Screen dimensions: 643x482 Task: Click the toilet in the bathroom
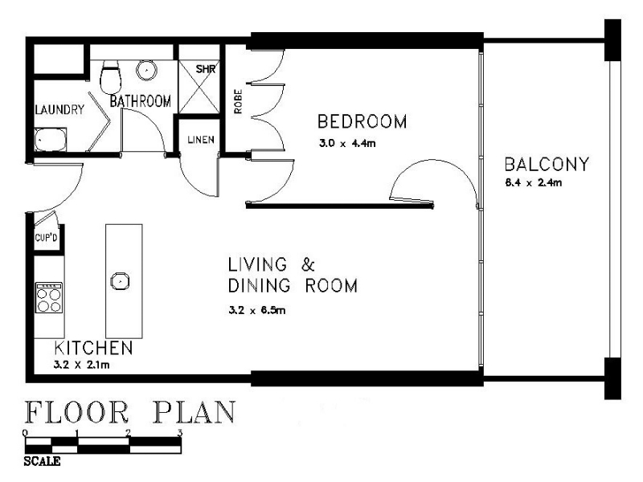[110, 77]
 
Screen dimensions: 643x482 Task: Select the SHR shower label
[206, 69]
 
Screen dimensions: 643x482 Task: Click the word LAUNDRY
[59, 109]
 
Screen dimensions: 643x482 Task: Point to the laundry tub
[50, 139]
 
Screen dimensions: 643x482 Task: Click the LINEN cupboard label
[201, 140]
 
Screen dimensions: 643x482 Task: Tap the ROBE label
[238, 101]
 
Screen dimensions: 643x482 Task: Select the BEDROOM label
[362, 122]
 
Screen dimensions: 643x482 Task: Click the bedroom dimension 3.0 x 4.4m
[347, 144]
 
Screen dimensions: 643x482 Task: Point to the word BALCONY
[547, 165]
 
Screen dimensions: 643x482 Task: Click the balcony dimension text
[534, 183]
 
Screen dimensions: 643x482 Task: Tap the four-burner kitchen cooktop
[49, 297]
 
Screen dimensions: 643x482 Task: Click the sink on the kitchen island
[120, 281]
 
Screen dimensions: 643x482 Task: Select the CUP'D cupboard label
[46, 237]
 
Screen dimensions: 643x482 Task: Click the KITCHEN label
[93, 348]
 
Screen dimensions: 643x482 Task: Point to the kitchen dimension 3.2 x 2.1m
[81, 365]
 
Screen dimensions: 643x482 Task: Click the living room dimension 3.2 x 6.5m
[256, 310]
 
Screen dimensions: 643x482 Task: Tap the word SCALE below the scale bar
[43, 461]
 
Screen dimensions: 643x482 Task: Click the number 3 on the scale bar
[179, 432]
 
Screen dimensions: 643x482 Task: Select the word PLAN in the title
[195, 412]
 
